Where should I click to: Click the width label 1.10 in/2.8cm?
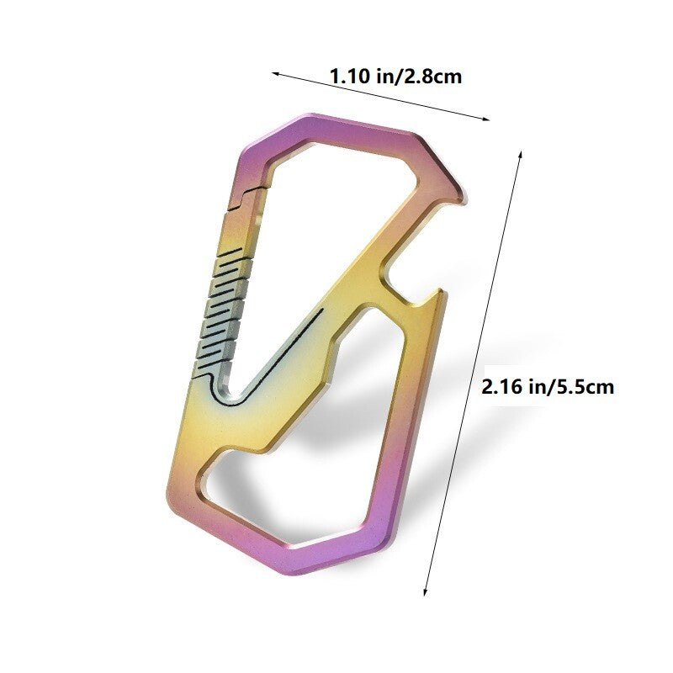[395, 77]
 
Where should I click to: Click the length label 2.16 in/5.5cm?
[548, 387]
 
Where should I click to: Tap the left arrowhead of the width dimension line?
[275, 73]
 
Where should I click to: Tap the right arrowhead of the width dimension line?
[486, 119]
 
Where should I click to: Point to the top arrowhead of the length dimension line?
[521, 155]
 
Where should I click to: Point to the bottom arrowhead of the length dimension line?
[425, 591]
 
